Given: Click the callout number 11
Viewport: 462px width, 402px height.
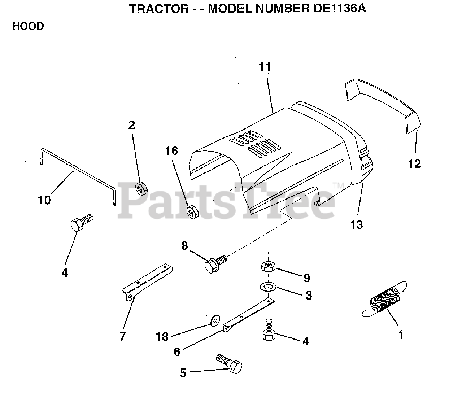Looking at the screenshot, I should click(265, 67).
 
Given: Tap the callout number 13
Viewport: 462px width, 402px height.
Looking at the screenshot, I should click(357, 225).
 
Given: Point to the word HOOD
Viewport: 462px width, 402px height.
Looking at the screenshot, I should click(28, 26).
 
